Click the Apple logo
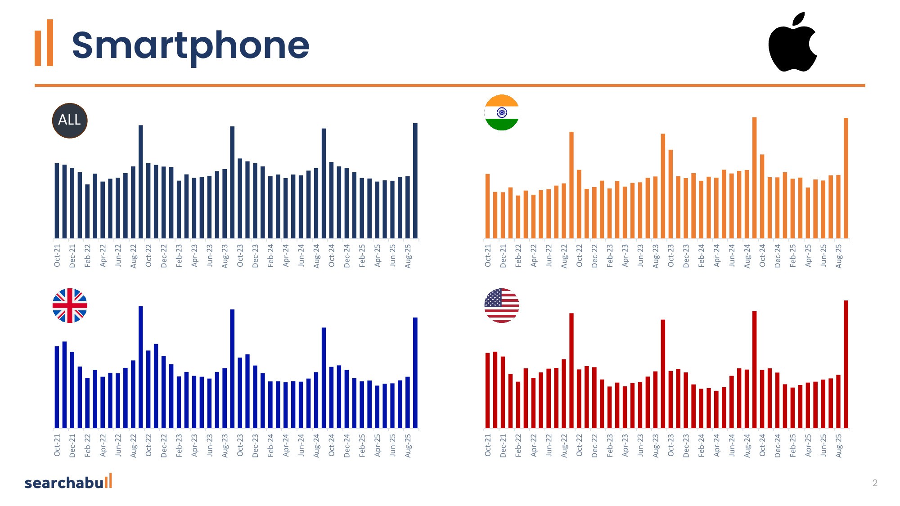pyautogui.click(x=792, y=43)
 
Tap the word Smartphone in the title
pyautogui.click(x=190, y=46)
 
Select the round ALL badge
pyautogui.click(x=70, y=121)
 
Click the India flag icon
pyautogui.click(x=502, y=112)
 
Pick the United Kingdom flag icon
pyautogui.click(x=70, y=306)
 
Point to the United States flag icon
pyautogui.click(x=502, y=306)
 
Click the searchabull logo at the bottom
pyautogui.click(x=68, y=482)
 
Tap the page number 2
pyautogui.click(x=875, y=483)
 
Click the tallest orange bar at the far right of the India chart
pyautogui.click(x=846, y=178)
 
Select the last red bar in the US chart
pyautogui.click(x=846, y=364)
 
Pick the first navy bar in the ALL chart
pyautogui.click(x=57, y=201)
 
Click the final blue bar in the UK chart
pyautogui.click(x=415, y=373)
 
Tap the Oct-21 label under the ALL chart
pyautogui.click(x=57, y=255)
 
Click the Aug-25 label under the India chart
pyautogui.click(x=838, y=256)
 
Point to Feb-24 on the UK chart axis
pyautogui.click(x=270, y=446)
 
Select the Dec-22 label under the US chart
pyautogui.click(x=594, y=446)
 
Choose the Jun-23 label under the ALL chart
pyautogui.click(x=210, y=255)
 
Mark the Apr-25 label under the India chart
pyautogui.click(x=808, y=255)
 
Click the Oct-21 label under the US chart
pyautogui.click(x=488, y=445)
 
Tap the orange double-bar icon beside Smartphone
pyautogui.click(x=44, y=43)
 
